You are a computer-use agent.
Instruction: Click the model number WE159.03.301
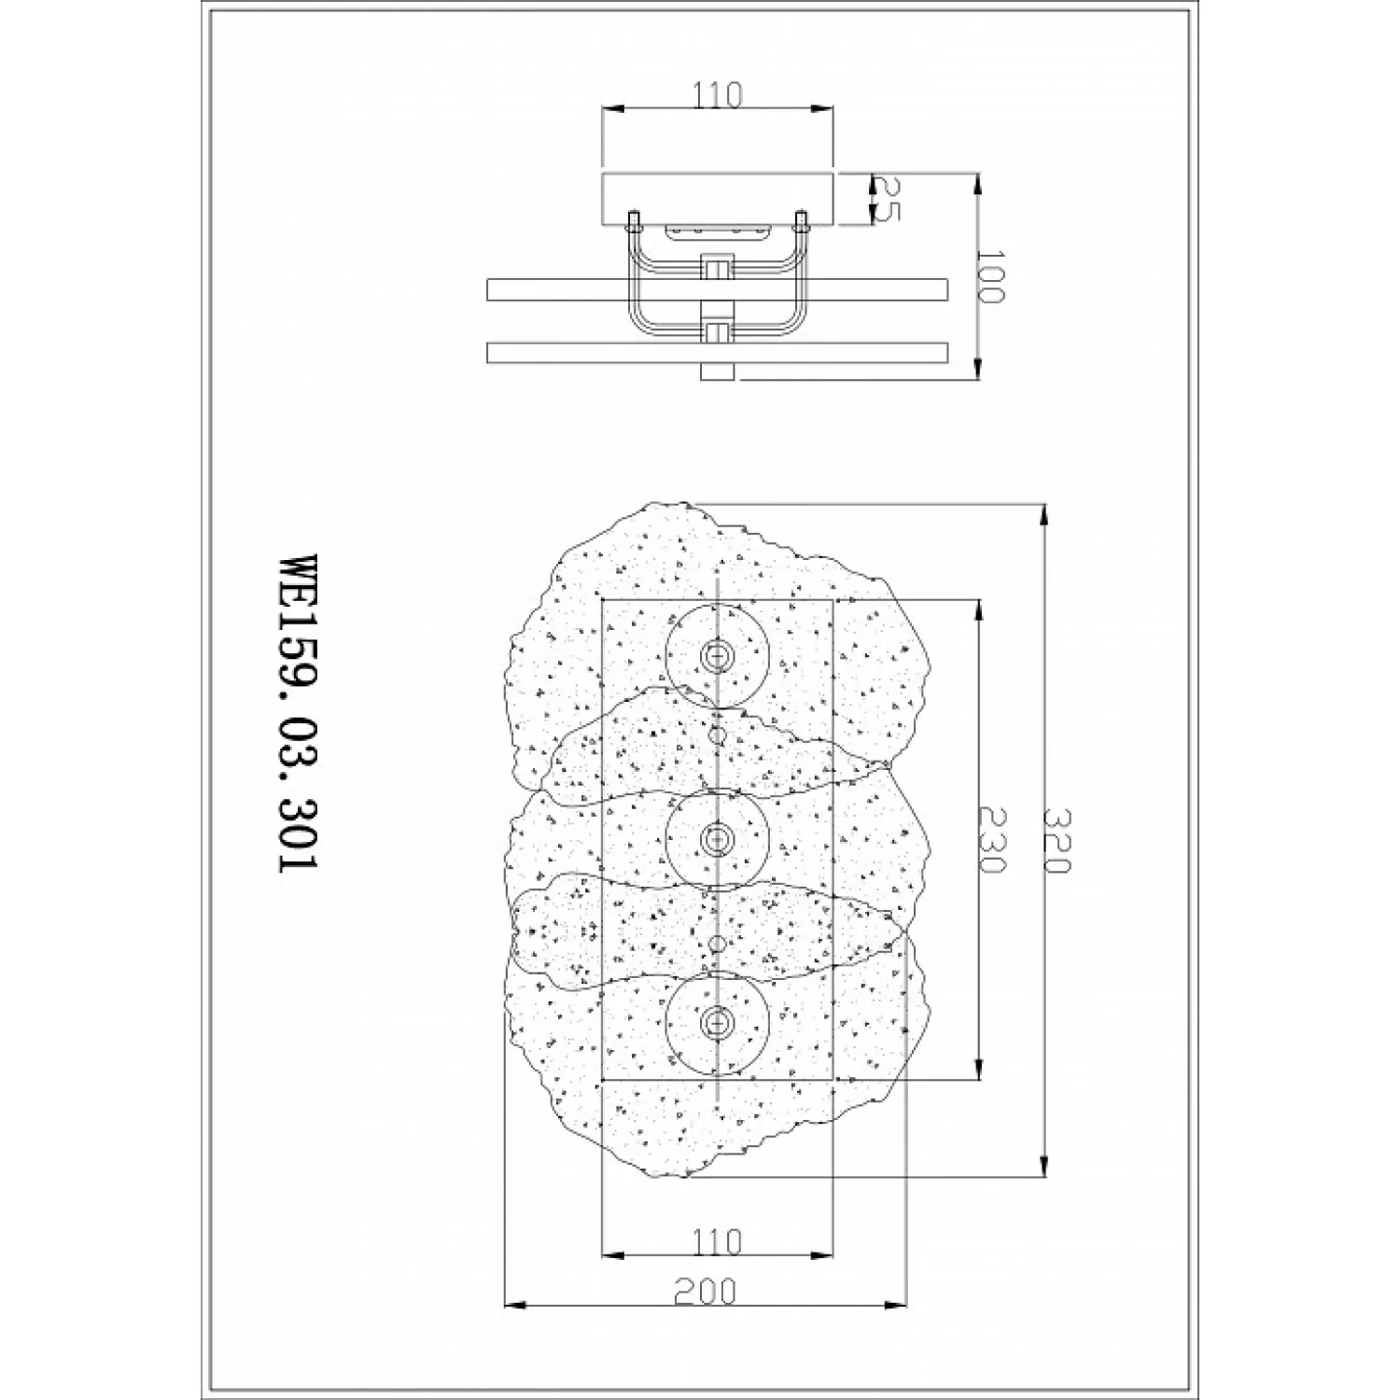298,714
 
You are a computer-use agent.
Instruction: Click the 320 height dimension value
1058,840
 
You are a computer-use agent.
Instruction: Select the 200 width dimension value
705,1291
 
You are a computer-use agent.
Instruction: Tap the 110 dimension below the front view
718,1241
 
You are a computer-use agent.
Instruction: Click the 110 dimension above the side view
718,95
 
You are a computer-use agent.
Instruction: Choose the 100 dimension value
990,276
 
